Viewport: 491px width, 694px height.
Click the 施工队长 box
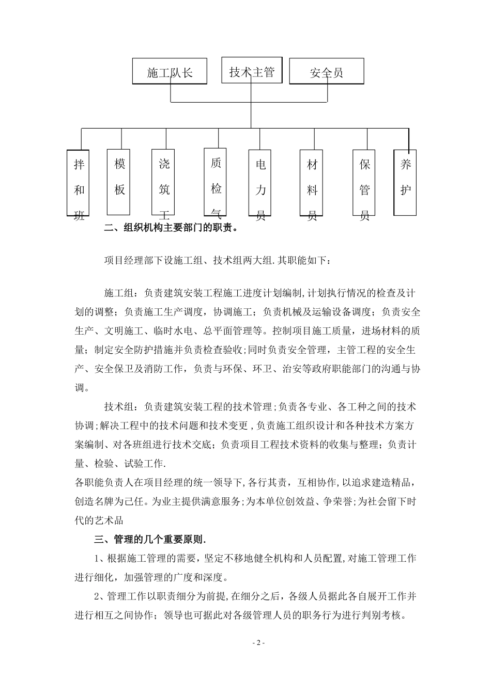[170, 72]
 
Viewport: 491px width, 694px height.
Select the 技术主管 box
[252, 71]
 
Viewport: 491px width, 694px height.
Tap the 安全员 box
[326, 72]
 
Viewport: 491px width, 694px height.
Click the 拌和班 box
[79, 183]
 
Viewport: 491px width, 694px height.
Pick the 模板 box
[118, 182]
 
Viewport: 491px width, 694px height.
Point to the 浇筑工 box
[164, 182]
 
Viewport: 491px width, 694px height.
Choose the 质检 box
[216, 181]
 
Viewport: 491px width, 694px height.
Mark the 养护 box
[406, 182]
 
